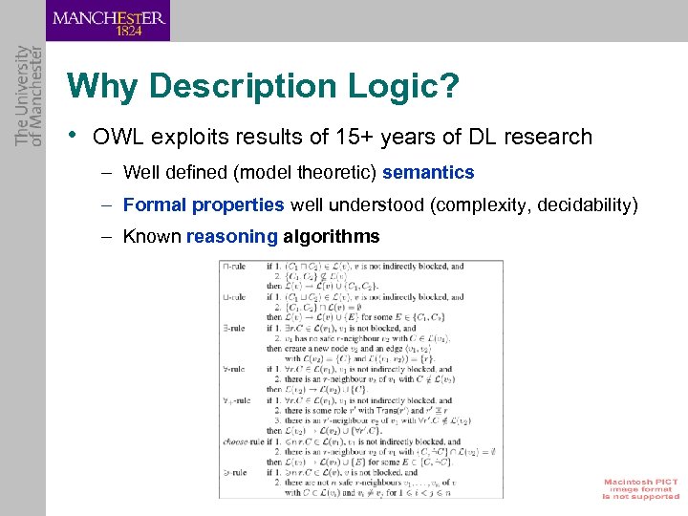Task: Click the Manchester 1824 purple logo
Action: coord(108,20)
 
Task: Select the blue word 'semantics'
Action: coord(428,173)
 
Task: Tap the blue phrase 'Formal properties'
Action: coord(204,204)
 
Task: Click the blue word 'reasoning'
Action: coord(232,237)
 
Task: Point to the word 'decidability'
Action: coord(587,204)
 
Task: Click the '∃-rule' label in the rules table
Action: coord(236,329)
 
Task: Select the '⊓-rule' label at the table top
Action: coord(236,267)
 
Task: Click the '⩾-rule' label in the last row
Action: coord(236,473)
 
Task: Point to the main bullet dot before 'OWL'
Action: coord(74,135)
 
